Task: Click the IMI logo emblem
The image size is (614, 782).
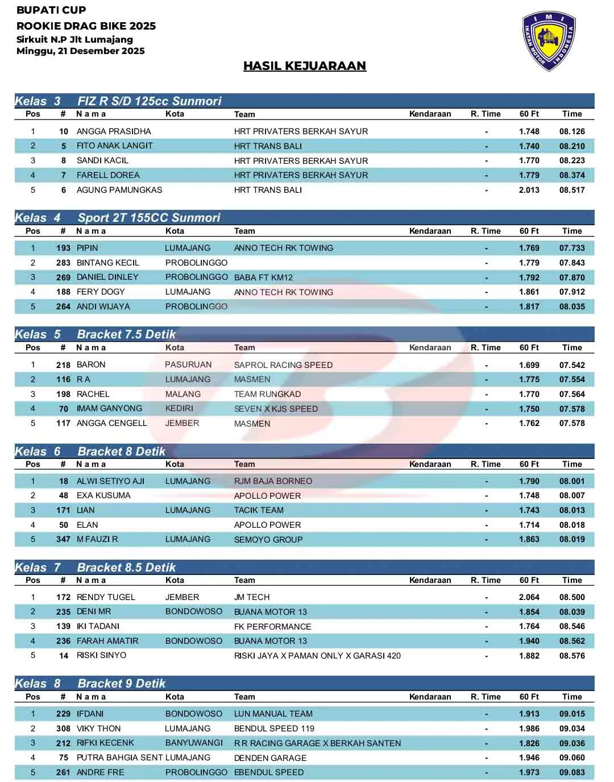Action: (x=549, y=42)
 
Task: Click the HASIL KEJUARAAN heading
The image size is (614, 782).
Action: (x=305, y=66)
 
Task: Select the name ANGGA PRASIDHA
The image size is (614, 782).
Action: (x=114, y=131)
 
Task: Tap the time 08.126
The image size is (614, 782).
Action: (x=572, y=131)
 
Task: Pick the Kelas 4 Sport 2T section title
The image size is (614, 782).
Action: (x=117, y=218)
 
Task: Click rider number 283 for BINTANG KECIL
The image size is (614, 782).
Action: (x=63, y=263)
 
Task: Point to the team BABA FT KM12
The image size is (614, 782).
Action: (x=263, y=278)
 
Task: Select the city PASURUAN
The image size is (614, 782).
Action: (x=188, y=365)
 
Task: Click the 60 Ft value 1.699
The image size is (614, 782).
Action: (x=529, y=365)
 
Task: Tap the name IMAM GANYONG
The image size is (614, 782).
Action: (x=110, y=408)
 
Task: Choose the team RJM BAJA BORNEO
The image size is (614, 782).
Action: (x=273, y=481)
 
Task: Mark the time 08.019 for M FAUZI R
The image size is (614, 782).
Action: (x=572, y=539)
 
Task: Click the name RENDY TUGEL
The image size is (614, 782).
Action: (x=106, y=597)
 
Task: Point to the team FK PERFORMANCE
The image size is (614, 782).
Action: (x=272, y=627)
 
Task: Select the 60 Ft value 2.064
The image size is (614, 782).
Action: (x=529, y=597)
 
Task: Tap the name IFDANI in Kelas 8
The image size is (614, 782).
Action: (x=90, y=714)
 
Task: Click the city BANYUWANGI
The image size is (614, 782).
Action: (x=194, y=743)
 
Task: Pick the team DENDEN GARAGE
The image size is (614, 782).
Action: (x=270, y=758)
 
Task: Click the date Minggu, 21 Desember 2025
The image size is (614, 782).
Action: (x=81, y=51)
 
